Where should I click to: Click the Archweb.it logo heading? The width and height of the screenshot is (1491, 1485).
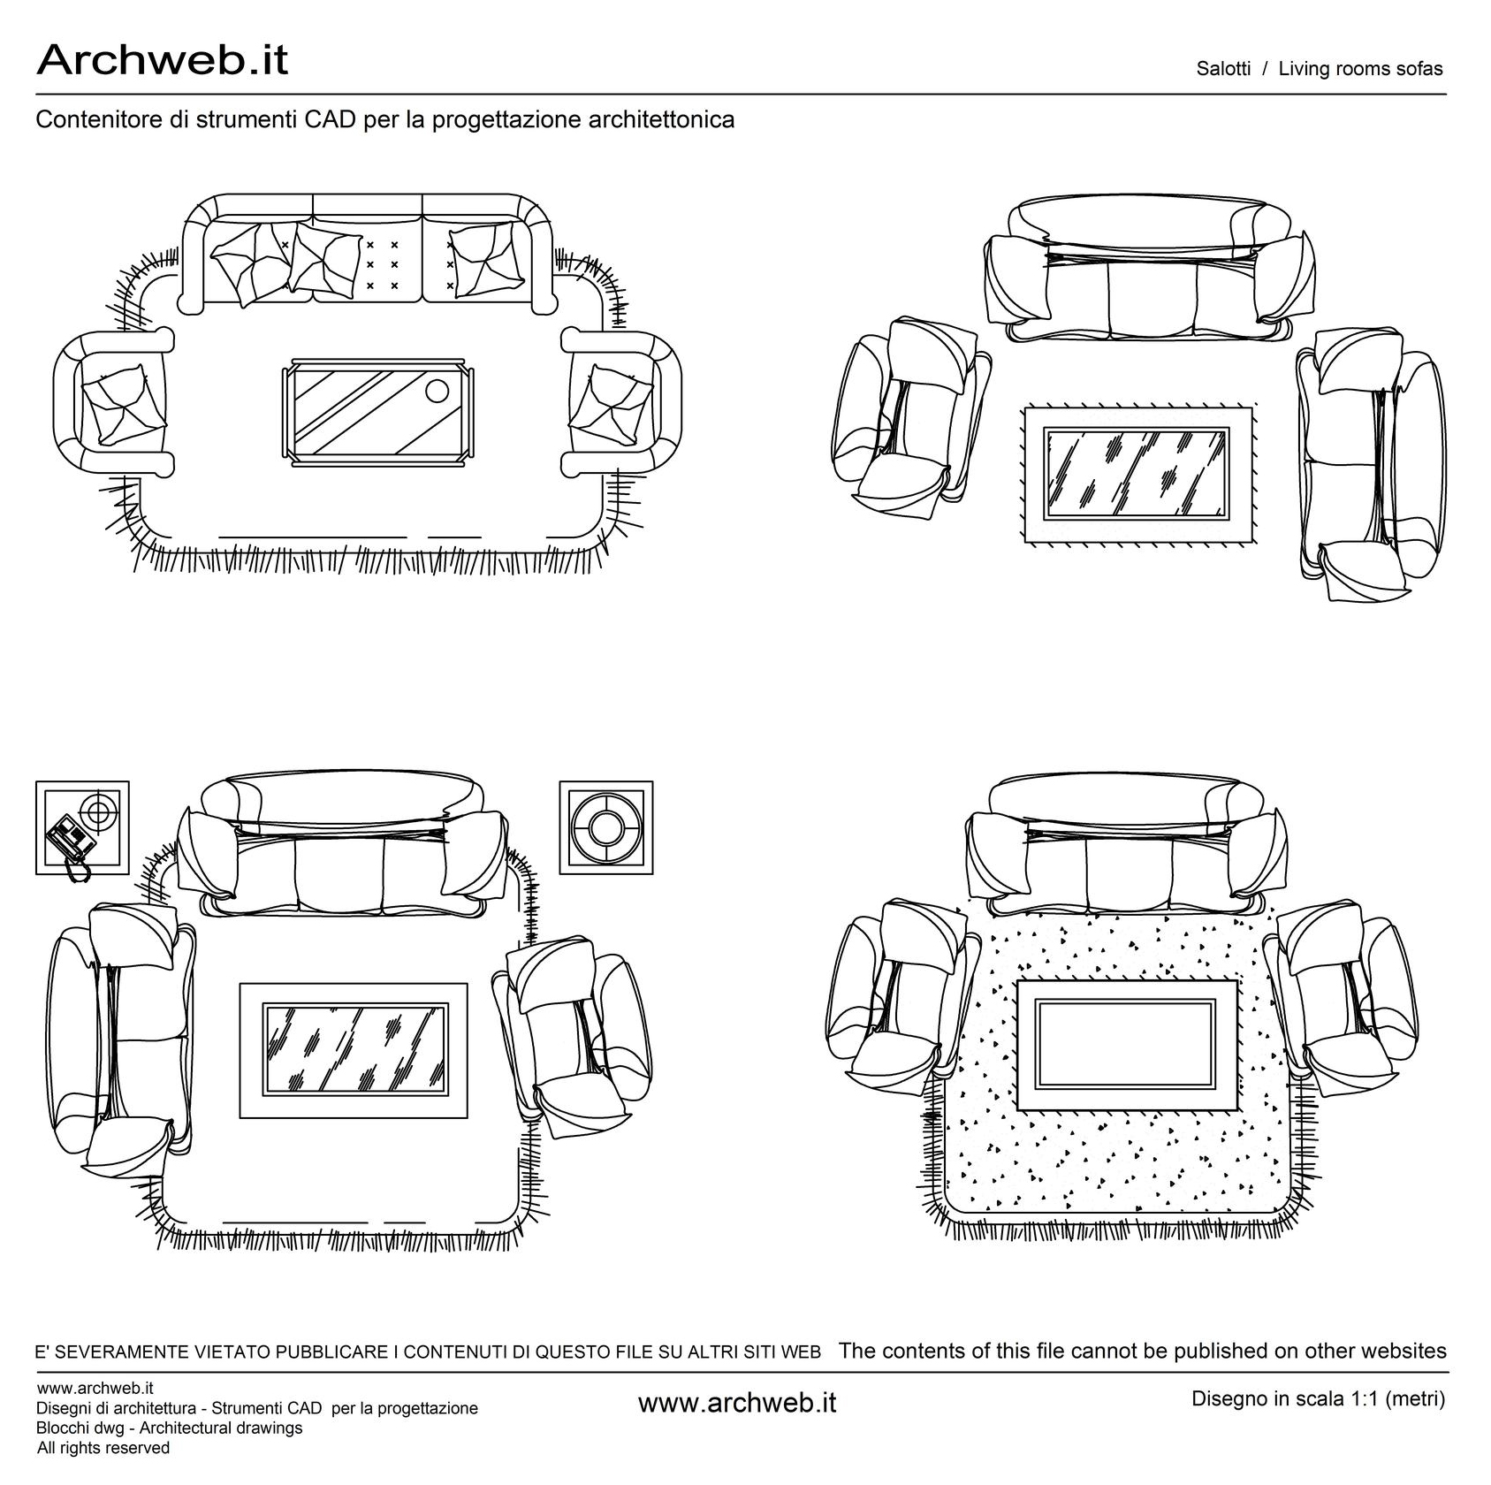pos(162,60)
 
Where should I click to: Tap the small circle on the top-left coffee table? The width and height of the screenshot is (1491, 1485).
pos(437,390)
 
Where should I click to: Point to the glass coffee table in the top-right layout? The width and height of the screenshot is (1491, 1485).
pos(1136,474)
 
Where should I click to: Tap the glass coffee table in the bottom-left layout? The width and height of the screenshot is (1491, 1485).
pos(354,1049)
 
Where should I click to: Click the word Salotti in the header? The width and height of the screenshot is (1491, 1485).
pos(1223,69)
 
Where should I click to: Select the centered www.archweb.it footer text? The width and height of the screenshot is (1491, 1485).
pos(736,1403)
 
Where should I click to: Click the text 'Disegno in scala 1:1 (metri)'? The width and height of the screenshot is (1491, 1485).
pos(1318,1399)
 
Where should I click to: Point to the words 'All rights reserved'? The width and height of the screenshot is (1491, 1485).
pos(103,1448)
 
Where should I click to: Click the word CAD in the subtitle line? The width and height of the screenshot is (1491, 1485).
pos(331,119)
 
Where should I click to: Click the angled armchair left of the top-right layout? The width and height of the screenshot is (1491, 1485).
pos(906,415)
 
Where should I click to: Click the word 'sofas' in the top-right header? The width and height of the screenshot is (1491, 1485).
pos(1419,69)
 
